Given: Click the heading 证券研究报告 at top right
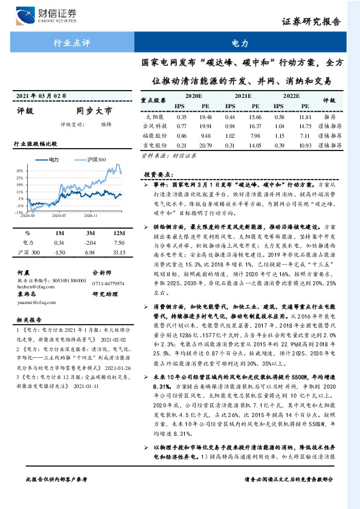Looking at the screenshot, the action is pyautogui.click(x=318, y=22).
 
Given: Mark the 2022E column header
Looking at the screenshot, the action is pyautogui.click(x=291, y=96).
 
